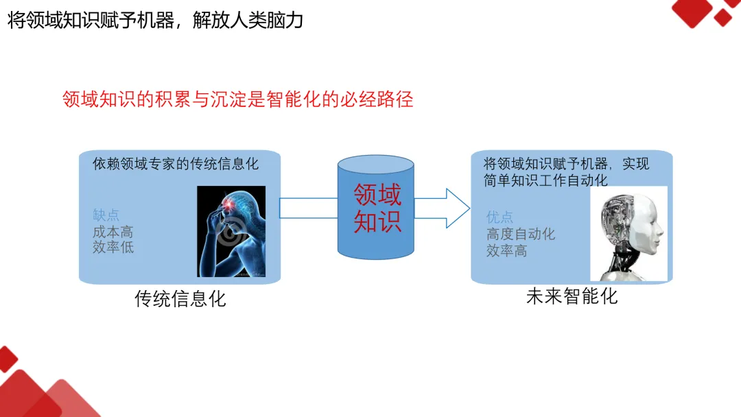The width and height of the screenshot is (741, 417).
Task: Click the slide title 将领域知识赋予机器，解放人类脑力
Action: tap(155, 20)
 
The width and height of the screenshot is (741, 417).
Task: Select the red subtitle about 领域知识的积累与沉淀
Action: tap(237, 100)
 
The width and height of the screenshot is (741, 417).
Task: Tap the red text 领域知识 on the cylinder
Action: tap(377, 208)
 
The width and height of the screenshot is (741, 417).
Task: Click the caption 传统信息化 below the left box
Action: tap(180, 299)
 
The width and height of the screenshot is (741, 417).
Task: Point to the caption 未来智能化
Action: tap(572, 296)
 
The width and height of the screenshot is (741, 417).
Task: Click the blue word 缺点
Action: tap(106, 215)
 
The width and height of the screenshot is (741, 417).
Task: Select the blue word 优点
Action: tap(499, 217)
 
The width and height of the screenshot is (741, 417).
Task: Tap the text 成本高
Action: tap(113, 232)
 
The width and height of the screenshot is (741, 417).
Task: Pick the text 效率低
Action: tap(113, 248)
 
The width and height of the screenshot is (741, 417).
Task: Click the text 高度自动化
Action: tap(520, 234)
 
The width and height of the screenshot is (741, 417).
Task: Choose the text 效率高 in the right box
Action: tap(506, 250)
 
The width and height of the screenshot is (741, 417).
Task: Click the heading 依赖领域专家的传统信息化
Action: tap(176, 165)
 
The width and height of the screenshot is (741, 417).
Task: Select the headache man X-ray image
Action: tap(231, 232)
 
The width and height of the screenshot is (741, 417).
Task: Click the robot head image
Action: tap(628, 234)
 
